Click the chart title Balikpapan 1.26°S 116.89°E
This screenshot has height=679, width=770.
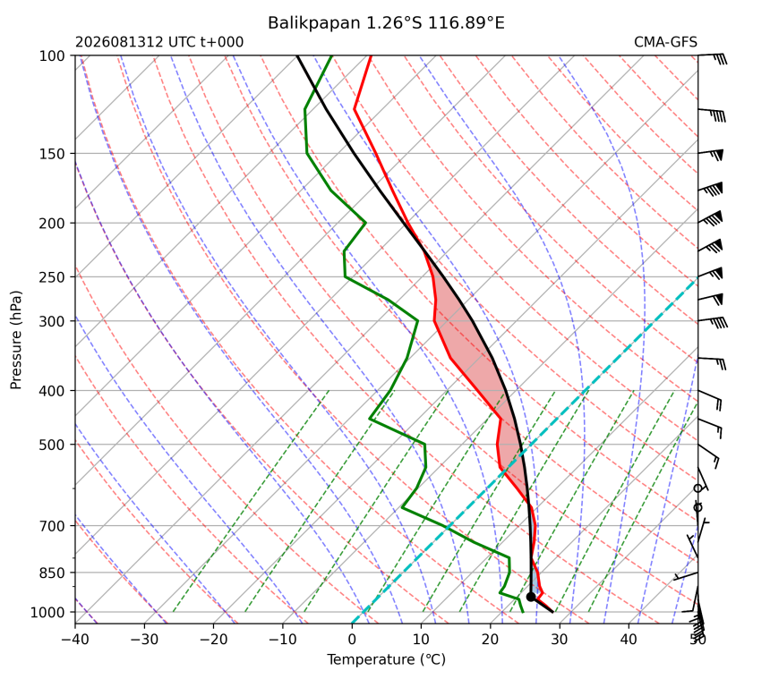pyautogui.click(x=386, y=22)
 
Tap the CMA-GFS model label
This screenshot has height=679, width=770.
pyautogui.click(x=665, y=42)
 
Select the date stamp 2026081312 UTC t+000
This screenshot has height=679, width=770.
pyautogui.click(x=159, y=42)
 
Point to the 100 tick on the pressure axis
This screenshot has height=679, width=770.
pyautogui.click(x=52, y=56)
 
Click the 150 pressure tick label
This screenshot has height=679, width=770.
pyautogui.click(x=52, y=154)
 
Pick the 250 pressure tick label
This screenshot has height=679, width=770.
pyautogui.click(x=52, y=277)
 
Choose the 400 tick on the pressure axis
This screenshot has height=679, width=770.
pyautogui.click(x=52, y=391)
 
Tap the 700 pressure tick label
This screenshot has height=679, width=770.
pyautogui.click(x=52, y=526)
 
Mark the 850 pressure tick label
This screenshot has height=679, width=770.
pyautogui.click(x=52, y=573)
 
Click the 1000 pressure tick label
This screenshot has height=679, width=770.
pyautogui.click(x=48, y=612)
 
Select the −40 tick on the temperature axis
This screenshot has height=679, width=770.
pyautogui.click(x=75, y=640)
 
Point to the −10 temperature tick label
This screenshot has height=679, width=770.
pyautogui.click(x=283, y=640)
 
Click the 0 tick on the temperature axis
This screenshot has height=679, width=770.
pyautogui.click(x=352, y=640)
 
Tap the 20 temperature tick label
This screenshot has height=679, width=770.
pyautogui.click(x=491, y=640)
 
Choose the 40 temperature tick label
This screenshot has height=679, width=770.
pyautogui.click(x=629, y=640)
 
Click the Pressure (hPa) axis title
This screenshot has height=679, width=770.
pyautogui.click(x=16, y=340)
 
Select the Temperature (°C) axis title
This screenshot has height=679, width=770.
pyautogui.click(x=387, y=659)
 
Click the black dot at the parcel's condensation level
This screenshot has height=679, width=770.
pyautogui.click(x=530, y=597)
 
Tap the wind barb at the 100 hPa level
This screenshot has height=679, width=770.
pyautogui.click(x=713, y=57)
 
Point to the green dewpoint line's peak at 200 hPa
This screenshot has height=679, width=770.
pyautogui.click(x=365, y=224)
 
